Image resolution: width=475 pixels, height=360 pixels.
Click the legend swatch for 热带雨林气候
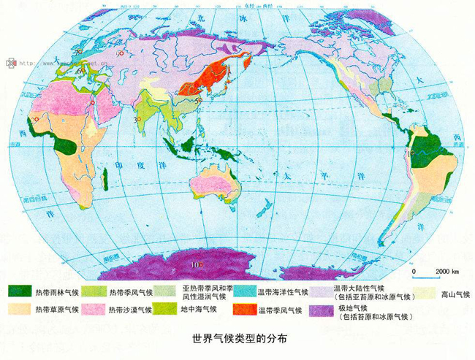pyautogui.click(x=20, y=291)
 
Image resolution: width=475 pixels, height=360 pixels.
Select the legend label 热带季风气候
pyautogui.click(x=130, y=292)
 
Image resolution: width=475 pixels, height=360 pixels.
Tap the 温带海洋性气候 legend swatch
pyautogui.click(x=245, y=292)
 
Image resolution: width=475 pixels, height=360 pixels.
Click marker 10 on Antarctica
pyautogui.click(x=197, y=264)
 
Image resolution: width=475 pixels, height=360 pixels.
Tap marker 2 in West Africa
pyautogui.click(x=34, y=119)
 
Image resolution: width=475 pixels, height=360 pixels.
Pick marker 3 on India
pyautogui.click(x=137, y=119)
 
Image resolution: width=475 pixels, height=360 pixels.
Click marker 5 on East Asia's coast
pyautogui.click(x=199, y=102)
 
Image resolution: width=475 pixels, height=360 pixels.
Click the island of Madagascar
pyautogui.click(x=107, y=177)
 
